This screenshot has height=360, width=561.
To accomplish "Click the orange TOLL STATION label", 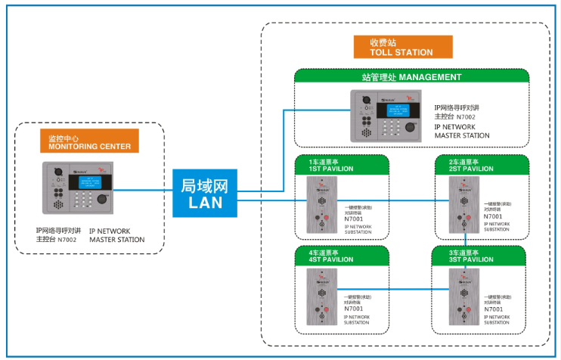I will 402,47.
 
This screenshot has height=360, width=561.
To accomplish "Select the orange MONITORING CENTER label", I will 89,142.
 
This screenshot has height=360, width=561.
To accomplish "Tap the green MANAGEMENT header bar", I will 411,77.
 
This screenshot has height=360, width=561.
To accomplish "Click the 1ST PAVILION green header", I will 341,166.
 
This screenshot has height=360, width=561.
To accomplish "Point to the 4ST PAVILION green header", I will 341,256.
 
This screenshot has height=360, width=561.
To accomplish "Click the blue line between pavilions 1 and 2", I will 393,202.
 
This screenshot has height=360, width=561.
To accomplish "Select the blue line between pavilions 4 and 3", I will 393,291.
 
